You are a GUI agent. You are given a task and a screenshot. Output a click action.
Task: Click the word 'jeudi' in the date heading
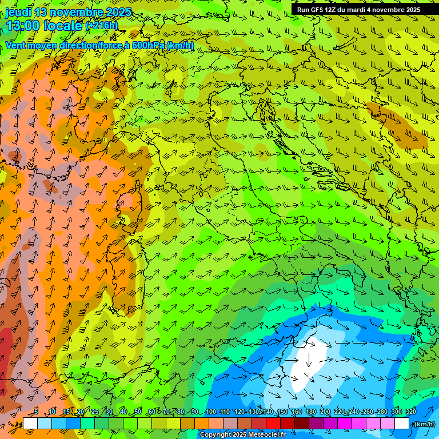pos(18,12)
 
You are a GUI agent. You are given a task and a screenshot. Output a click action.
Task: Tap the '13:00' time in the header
pos(23,26)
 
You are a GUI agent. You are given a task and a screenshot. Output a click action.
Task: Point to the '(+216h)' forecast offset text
pos(101,26)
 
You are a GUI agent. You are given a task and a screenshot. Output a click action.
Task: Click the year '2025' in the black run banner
pos(409,10)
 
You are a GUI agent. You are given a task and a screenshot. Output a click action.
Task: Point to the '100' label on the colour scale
pos(211,412)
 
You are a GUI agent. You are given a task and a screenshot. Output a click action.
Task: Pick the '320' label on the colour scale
pos(411,412)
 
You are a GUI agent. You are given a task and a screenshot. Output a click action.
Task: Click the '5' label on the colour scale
pos(36,412)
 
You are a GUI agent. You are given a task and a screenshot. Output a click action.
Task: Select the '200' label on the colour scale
pos(325,412)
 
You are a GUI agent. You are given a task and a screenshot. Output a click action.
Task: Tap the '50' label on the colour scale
pos(138,412)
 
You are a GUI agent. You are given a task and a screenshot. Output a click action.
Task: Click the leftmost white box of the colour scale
pos(30,424)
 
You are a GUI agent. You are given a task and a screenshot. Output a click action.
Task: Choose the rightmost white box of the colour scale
pos(402,424)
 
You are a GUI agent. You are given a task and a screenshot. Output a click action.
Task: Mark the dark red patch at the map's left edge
pos(5,354)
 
